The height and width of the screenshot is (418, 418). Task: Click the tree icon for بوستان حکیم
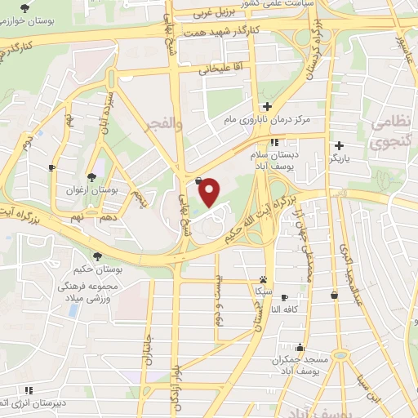click(x=97, y=255)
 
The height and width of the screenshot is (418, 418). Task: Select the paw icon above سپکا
click(x=263, y=278)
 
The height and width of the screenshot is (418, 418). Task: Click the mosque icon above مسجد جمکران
click(x=301, y=346)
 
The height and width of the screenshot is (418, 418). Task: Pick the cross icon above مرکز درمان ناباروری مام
click(x=267, y=106)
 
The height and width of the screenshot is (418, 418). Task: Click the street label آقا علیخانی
click(x=222, y=70)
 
